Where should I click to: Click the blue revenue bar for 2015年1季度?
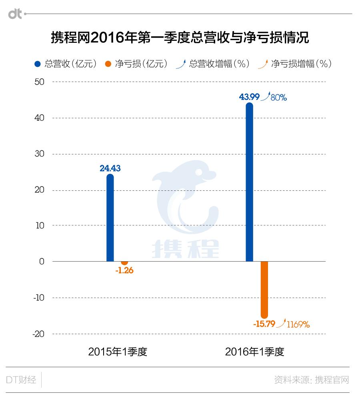click(110, 218)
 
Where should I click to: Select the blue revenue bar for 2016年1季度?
click(249, 182)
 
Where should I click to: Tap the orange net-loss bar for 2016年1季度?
click(264, 289)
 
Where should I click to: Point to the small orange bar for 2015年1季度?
click(124, 262)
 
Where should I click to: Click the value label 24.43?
click(110, 168)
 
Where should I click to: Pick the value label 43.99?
click(249, 96)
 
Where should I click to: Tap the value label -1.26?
click(124, 270)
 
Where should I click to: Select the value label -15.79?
click(264, 324)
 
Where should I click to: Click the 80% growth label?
click(279, 97)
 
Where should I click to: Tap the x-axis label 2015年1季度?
click(118, 352)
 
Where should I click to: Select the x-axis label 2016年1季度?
click(255, 352)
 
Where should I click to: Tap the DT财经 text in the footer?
click(21, 380)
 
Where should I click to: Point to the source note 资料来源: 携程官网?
click(312, 380)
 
